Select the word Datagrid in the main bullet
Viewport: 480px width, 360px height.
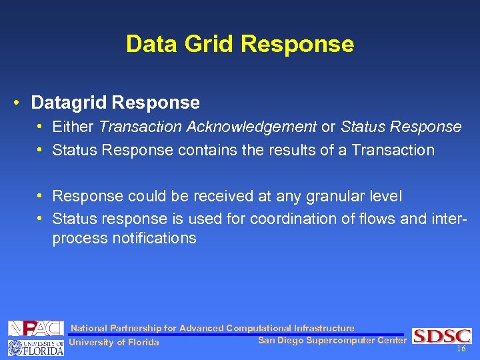69,103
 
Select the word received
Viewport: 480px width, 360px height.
227,196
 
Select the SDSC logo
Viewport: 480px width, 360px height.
441,336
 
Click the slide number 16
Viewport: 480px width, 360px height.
461,349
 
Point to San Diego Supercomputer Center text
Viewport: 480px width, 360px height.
331,341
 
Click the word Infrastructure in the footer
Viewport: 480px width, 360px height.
324,328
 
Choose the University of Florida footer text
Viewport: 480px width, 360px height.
114,343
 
